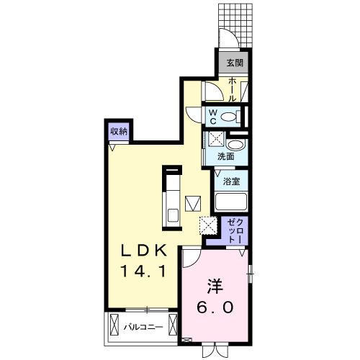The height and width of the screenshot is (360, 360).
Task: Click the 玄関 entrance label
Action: pos(235,63)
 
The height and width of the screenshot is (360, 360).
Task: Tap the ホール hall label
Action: pos(234,90)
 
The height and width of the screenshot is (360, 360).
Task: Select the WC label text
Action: pos(215,115)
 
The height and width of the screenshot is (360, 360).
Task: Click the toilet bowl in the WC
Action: pos(230,116)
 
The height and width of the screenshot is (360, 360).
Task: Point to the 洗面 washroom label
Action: pos(226,156)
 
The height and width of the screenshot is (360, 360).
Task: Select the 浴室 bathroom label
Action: pos(230,182)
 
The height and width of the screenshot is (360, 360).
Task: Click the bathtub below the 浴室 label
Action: pos(230,201)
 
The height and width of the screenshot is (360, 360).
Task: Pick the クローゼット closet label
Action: pos(235,230)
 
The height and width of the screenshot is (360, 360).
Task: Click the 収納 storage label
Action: pos(119,132)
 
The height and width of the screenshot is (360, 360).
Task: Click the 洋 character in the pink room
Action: pos(214,287)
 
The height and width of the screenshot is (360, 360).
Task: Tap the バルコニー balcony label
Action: pos(142,328)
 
